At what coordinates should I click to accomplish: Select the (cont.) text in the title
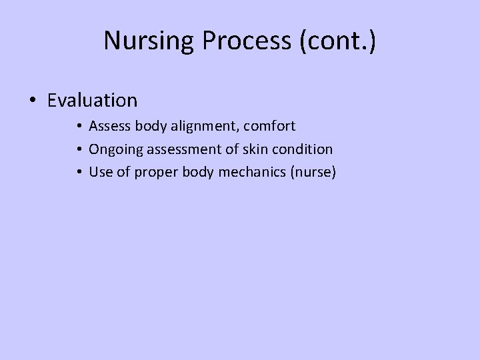click(x=338, y=41)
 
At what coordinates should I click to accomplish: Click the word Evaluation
click(x=93, y=101)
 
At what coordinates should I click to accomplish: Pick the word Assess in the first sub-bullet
click(x=109, y=126)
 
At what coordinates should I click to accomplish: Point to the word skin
click(x=250, y=149)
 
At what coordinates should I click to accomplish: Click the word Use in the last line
click(x=101, y=173)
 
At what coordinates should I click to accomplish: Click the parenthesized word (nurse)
click(x=313, y=173)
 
